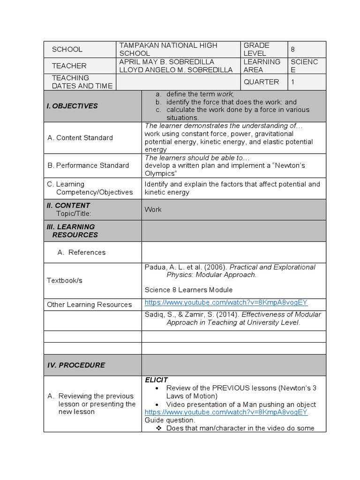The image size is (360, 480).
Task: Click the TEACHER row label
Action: (x=69, y=66)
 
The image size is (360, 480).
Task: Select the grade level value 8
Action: (x=293, y=49)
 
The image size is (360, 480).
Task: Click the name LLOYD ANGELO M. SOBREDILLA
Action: (x=176, y=70)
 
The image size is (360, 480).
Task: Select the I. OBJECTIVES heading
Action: (x=72, y=106)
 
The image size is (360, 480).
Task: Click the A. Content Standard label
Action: (x=80, y=138)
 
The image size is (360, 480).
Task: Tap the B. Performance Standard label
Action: (x=88, y=165)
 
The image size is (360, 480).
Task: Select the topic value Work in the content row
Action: (x=153, y=210)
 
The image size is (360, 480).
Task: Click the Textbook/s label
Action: (x=65, y=280)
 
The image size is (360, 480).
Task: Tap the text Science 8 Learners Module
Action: (x=188, y=290)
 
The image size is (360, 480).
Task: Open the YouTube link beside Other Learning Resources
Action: (x=226, y=302)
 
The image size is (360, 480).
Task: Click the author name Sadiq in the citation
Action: (x=155, y=315)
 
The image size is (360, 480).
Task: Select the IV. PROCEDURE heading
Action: (x=76, y=365)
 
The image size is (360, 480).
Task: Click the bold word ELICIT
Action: (x=157, y=380)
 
